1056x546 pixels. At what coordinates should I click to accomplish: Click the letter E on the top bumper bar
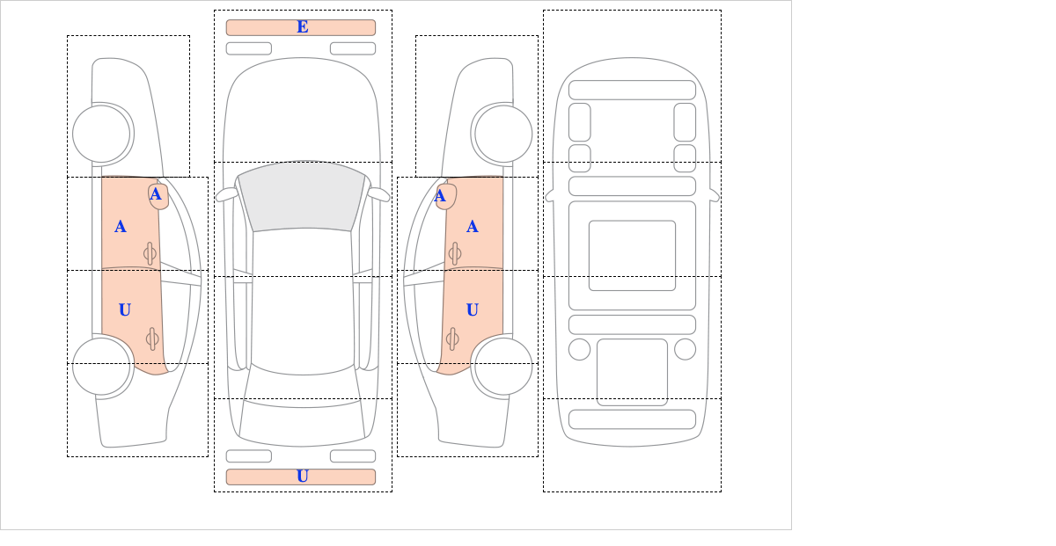[x=303, y=27]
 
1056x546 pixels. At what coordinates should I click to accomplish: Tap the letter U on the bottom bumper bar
[x=303, y=477]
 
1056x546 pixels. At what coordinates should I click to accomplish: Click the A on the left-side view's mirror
[x=156, y=194]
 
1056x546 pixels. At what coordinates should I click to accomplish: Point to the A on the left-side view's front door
[x=121, y=227]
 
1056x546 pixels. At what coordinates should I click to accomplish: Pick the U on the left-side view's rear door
[x=125, y=310]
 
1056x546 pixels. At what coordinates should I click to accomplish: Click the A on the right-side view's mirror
[x=440, y=195]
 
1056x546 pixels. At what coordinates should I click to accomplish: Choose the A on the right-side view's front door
[x=473, y=227]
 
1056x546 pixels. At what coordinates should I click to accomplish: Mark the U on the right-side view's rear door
[x=473, y=310]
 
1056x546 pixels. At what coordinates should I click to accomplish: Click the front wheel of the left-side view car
[x=101, y=134]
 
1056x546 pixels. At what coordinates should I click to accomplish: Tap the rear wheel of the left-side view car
[x=101, y=366]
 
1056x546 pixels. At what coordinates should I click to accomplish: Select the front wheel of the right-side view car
[x=503, y=134]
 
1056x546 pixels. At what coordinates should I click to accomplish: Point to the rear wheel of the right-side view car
[x=503, y=366]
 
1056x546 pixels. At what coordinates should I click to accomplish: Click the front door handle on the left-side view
[x=150, y=254]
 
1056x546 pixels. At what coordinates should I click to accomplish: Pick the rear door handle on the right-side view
[x=452, y=339]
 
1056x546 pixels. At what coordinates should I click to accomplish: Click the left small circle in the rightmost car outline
[x=579, y=350]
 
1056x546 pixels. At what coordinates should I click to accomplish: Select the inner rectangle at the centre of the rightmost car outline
[x=632, y=255]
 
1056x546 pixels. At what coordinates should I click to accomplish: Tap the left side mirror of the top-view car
[x=227, y=194]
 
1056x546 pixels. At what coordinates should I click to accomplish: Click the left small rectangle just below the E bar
[x=249, y=48]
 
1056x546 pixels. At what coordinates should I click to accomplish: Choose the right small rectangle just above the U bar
[x=353, y=456]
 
